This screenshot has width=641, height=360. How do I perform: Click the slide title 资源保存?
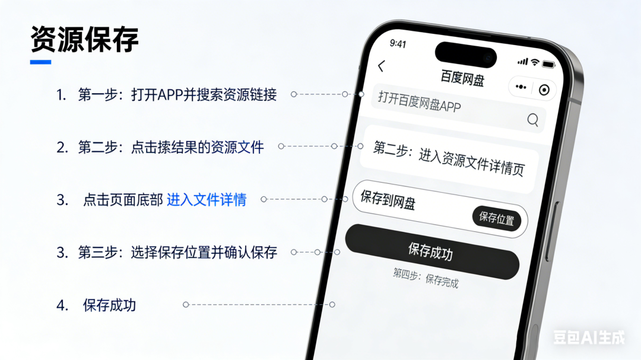coord(84,40)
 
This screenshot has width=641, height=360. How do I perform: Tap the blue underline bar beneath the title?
coord(41,62)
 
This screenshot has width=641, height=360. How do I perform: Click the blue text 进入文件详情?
coord(207,200)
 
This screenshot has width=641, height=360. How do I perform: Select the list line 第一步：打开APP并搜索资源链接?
coord(177,95)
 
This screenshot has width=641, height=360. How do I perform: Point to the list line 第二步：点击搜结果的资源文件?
coord(171,147)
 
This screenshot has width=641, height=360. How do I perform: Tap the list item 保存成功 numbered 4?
coord(110,305)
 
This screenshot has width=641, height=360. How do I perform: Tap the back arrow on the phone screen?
coord(381,66)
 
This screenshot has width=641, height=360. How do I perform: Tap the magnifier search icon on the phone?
coord(532,120)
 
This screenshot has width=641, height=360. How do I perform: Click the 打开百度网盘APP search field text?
coord(419,102)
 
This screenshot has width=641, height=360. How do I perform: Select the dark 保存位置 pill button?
coord(496,218)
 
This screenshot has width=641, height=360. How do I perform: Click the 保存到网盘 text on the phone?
coord(388,200)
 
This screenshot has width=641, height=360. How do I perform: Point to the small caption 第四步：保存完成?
coord(426,278)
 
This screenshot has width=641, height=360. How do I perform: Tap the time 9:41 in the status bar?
coord(398,44)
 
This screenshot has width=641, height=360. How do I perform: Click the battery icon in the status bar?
coord(548,64)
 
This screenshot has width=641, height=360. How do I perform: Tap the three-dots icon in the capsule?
coord(521,87)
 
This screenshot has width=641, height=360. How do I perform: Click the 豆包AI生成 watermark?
coord(589,338)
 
